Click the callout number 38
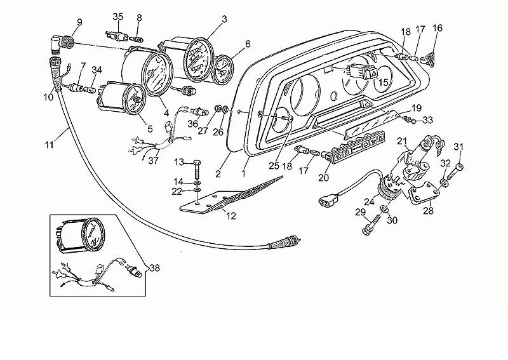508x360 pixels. click(x=155, y=268)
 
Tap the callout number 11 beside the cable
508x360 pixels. click(x=49, y=144)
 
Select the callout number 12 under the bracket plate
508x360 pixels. click(x=231, y=215)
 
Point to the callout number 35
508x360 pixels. click(x=118, y=17)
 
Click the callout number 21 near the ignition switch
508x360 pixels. click(x=402, y=141)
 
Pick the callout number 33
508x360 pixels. click(x=427, y=120)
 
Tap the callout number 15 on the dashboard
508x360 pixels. click(x=383, y=83)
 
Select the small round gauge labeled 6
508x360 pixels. click(x=224, y=69)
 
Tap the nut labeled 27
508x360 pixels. click(x=218, y=108)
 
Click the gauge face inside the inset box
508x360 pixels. click(x=94, y=236)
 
